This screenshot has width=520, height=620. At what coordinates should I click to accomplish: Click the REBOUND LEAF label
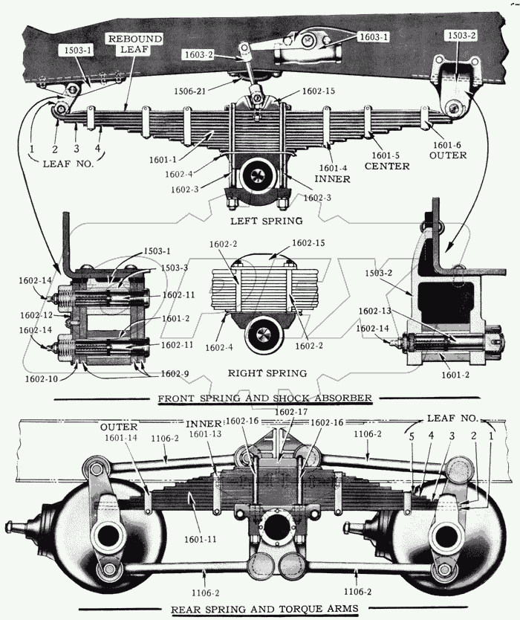[x=134, y=44]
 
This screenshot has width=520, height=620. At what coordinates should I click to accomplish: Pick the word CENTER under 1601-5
[x=386, y=166]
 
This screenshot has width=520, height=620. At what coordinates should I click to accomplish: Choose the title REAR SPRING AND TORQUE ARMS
[x=264, y=609]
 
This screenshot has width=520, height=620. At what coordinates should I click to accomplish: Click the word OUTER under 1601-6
[x=447, y=155]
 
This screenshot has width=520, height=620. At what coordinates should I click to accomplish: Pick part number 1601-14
[x=121, y=439]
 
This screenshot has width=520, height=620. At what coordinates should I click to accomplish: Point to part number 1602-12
[x=36, y=314]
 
